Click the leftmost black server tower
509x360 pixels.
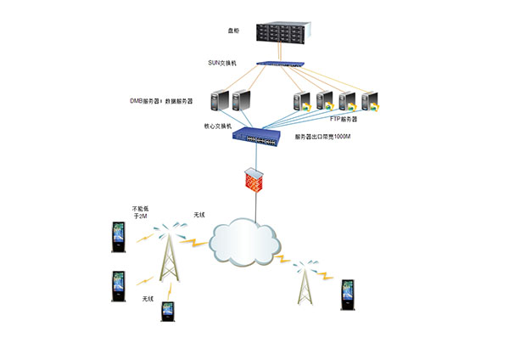tap(219, 102)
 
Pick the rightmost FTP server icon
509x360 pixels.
tap(371, 103)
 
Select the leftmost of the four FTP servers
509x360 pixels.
tap(300, 103)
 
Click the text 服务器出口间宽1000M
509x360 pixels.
tap(322, 137)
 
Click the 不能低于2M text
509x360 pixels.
tap(139, 214)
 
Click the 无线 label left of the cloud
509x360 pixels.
tap(199, 214)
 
